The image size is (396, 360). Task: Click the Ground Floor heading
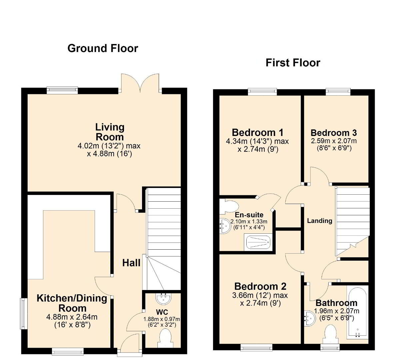pyautogui.click(x=103, y=48)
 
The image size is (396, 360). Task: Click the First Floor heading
pyautogui.click(x=293, y=63)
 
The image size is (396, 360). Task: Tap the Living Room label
pyautogui.click(x=110, y=132)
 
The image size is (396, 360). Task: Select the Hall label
pyautogui.click(x=131, y=263)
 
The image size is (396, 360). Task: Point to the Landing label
pyautogui.click(x=319, y=221)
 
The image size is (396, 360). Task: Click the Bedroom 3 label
pyautogui.click(x=334, y=133)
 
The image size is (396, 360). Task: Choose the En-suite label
pyautogui.click(x=249, y=215)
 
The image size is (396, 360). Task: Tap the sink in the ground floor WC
pyautogui.click(x=164, y=298)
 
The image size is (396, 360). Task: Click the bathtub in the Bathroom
pyautogui.click(x=357, y=312)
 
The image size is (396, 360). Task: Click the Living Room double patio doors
pyautogui.click(x=140, y=84)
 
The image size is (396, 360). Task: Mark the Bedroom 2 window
pyautogui.click(x=256, y=347)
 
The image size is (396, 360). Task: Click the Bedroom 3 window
pyautogui.click(x=338, y=92)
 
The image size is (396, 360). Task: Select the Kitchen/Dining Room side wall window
pyautogui.click(x=24, y=314)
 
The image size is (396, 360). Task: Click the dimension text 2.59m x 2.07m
pyautogui.click(x=334, y=141)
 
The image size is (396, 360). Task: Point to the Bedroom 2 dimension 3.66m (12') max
pyautogui.click(x=260, y=295)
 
